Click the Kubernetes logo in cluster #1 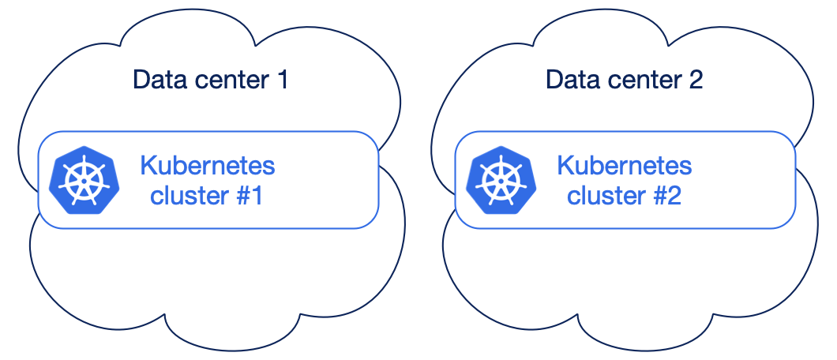[84, 180]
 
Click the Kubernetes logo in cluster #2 [501, 180]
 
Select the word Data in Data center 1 [156, 80]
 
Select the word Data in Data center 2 [569, 80]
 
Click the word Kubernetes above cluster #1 [208, 165]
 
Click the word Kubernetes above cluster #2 [625, 165]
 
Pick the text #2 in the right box [666, 196]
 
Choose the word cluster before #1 [190, 196]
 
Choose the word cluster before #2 [606, 196]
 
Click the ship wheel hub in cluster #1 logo [84, 181]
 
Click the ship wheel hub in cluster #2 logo [501, 181]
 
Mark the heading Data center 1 [210, 80]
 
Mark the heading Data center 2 [624, 80]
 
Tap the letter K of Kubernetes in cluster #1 [148, 165]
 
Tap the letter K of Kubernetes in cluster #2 [565, 165]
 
